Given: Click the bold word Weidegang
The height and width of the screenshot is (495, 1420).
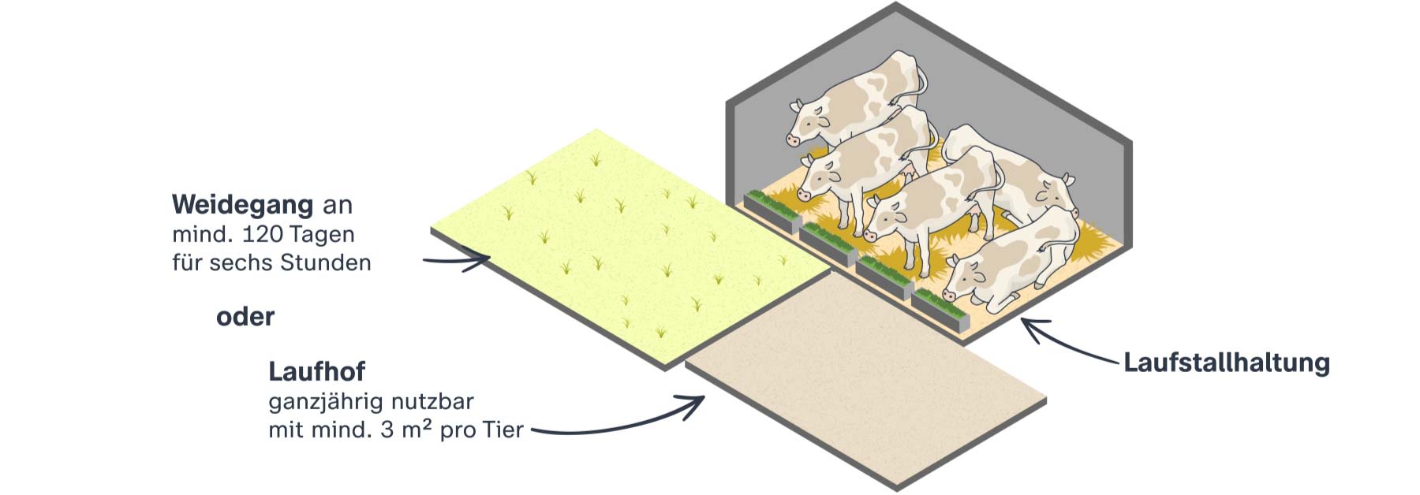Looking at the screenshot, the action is pos(242,205).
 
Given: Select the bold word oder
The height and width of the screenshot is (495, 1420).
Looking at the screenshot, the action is pos(245,317).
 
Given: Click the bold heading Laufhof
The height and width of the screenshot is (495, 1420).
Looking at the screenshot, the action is pos(317,371).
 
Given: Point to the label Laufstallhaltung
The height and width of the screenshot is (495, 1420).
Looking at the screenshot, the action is pos(1227,363).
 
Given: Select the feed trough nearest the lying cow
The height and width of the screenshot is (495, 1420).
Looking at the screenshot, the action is pos(939,309).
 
